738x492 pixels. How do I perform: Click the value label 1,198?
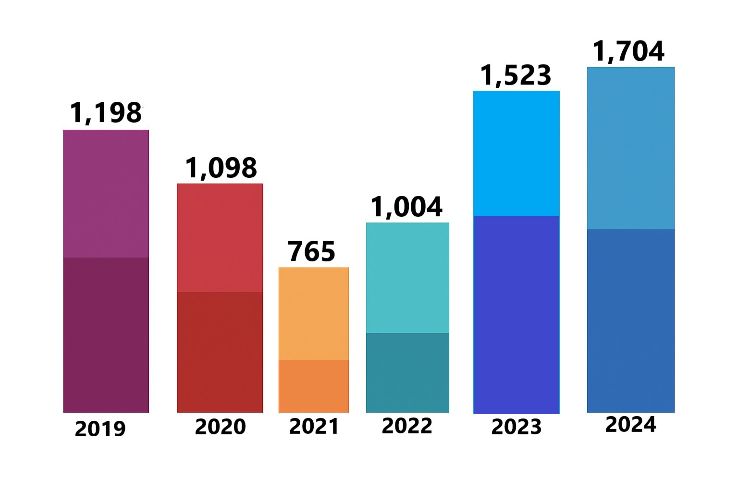click(106, 113)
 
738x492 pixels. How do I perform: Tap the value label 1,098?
click(221, 168)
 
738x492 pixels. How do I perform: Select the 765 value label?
click(311, 252)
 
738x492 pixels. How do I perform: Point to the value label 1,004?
click(406, 207)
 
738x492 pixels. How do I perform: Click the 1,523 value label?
click(516, 75)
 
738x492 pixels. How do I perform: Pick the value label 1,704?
click(628, 51)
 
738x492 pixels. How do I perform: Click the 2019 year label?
click(100, 429)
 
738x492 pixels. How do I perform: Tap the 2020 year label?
click(220, 427)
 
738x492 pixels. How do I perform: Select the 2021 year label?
click(314, 426)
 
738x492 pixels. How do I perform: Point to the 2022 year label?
click(407, 426)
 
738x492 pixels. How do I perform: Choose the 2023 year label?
click(516, 427)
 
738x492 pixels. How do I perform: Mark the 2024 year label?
click(630, 424)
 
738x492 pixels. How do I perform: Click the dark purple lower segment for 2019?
click(106, 334)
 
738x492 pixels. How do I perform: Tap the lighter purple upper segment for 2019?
click(106, 194)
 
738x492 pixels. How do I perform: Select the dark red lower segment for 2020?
click(220, 352)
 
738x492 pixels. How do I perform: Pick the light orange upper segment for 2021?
click(314, 313)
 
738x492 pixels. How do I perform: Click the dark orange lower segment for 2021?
click(314, 386)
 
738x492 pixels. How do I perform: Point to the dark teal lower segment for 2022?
click(407, 372)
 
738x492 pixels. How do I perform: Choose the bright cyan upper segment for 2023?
click(517, 153)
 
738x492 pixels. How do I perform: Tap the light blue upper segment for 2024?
click(631, 148)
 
